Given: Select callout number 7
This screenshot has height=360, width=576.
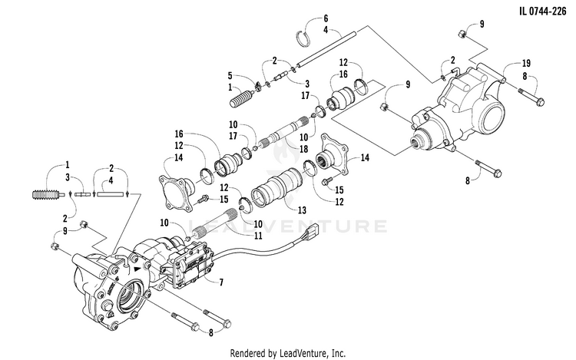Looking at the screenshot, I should [220, 283].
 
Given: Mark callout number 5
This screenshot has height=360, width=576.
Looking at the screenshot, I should [230, 75].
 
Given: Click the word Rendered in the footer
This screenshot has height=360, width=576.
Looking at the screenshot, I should [250, 353].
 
